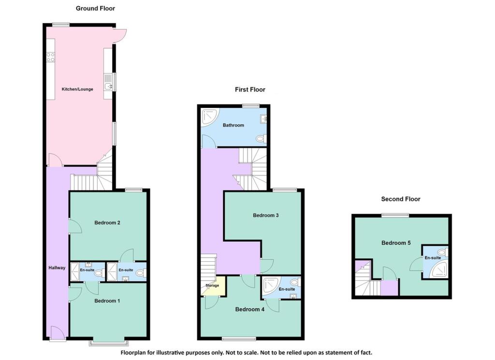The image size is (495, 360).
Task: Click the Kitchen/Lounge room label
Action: click(77, 89)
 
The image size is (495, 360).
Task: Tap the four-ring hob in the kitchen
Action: click(50, 57)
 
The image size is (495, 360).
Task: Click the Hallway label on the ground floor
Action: click(57, 268)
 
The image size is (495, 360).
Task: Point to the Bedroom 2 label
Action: click(107, 223)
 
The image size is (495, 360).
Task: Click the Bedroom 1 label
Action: click(107, 300)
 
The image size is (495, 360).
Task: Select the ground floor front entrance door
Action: click(57, 333)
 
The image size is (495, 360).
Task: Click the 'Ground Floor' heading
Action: click(95, 8)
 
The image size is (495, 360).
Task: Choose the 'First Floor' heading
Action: click(250, 90)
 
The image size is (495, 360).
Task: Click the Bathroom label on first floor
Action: click(233, 125)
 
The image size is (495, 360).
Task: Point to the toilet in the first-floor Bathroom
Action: click(261, 139)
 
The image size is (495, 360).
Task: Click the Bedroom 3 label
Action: click(265, 215)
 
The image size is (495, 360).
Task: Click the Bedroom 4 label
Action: click(249, 309)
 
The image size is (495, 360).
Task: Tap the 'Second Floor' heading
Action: click(401, 199)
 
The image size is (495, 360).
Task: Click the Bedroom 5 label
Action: click(395, 243)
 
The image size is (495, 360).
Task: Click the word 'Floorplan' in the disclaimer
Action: click(135, 353)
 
